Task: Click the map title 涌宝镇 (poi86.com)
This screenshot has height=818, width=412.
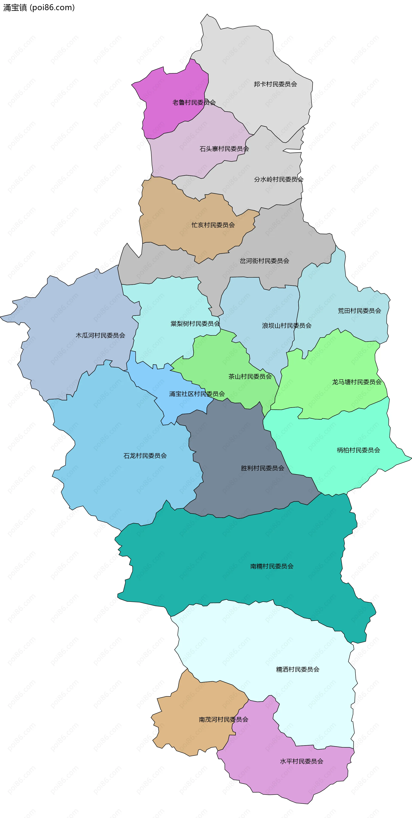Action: coord(39,8)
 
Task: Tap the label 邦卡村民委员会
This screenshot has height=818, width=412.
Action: coord(275,84)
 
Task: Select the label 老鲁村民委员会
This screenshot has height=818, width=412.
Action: coord(194,102)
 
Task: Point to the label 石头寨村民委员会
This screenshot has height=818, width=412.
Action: coord(224,149)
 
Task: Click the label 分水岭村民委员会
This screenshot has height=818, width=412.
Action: coord(279,179)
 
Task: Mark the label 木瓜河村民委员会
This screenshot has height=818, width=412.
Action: coord(100,335)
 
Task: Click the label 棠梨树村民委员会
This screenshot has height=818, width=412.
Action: coord(195,324)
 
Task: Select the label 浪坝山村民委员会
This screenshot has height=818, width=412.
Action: coord(286,326)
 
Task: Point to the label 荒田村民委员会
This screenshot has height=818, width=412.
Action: coord(359,311)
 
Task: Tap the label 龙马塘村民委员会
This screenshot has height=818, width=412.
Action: coord(357,382)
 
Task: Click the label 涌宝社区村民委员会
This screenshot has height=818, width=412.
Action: coord(197,394)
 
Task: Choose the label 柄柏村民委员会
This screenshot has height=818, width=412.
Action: coord(358,450)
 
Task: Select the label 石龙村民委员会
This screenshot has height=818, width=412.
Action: coord(145,456)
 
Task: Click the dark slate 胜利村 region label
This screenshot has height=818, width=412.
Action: coord(262,468)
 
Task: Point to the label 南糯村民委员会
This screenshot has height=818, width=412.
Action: coord(272,566)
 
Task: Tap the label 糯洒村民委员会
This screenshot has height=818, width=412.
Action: coord(297,669)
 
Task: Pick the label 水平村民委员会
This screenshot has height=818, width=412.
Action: coord(301,761)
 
